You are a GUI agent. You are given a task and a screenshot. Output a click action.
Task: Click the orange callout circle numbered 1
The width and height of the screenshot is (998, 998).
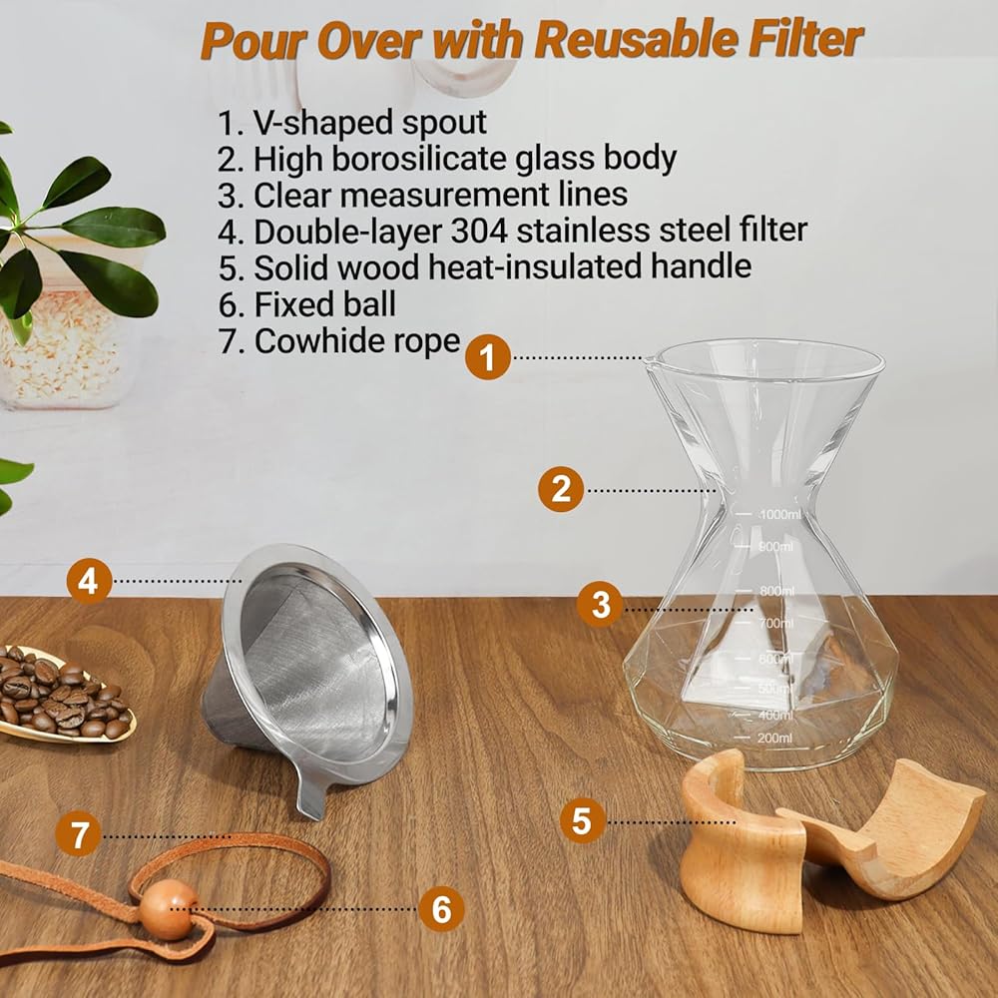click(488, 357)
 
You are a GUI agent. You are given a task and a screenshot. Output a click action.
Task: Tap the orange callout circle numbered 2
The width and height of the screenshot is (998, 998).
click(561, 489)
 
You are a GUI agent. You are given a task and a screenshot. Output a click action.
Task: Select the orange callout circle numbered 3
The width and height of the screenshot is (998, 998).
click(600, 604)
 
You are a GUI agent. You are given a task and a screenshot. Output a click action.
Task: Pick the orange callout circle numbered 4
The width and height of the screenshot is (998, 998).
click(89, 581)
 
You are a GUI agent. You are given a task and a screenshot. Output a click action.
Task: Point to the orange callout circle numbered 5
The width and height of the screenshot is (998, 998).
click(583, 820)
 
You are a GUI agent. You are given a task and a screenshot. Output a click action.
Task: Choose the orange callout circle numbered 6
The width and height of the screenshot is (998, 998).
click(442, 908)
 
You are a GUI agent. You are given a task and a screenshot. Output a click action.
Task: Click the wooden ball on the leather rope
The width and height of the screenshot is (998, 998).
click(168, 909)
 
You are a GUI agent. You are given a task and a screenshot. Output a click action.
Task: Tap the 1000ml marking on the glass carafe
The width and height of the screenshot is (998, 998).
click(780, 514)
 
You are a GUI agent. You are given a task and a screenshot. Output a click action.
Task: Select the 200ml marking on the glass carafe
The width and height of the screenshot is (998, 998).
click(774, 739)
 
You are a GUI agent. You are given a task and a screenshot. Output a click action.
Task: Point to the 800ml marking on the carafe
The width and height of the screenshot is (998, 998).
click(776, 591)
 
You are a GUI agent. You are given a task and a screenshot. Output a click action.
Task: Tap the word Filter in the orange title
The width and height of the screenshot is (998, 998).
click(805, 40)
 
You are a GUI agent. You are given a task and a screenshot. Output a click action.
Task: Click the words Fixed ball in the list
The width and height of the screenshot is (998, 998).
click(325, 304)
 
